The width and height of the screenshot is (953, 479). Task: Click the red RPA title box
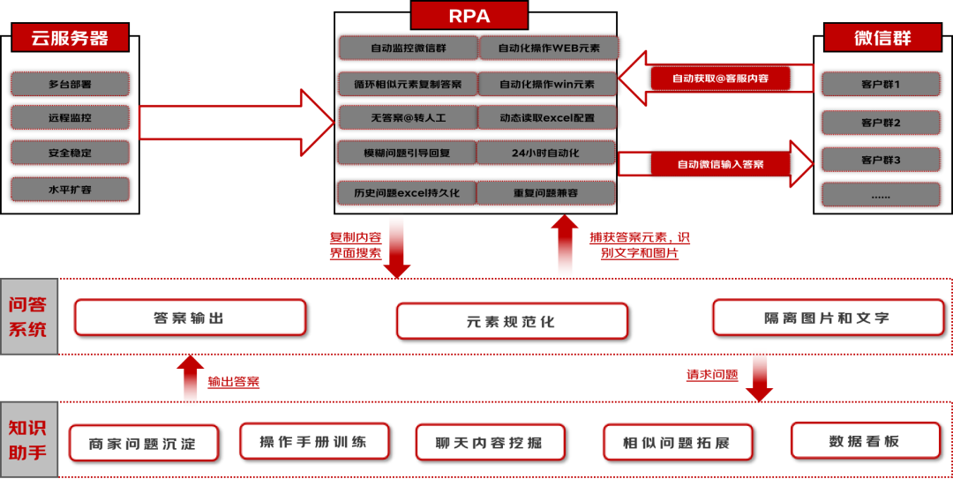click(469, 15)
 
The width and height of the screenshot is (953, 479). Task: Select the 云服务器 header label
click(70, 38)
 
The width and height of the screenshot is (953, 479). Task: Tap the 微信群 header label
click(882, 38)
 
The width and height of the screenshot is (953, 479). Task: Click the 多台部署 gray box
click(70, 84)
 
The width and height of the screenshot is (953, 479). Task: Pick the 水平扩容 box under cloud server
click(70, 189)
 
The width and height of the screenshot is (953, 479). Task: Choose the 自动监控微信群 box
click(409, 48)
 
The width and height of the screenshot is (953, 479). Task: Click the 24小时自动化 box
click(545, 153)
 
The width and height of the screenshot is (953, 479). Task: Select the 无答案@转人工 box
click(409, 117)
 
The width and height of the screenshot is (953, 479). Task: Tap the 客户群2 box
click(881, 123)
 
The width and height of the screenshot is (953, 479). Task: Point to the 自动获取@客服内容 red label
click(720, 79)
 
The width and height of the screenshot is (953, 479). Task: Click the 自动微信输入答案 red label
click(720, 164)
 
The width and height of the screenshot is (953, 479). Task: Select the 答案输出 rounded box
click(190, 318)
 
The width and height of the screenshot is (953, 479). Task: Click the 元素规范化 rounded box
click(512, 321)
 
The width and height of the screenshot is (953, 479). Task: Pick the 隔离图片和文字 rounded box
click(829, 318)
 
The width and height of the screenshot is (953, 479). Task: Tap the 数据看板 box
click(866, 441)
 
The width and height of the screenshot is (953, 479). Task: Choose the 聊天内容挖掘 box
click(491, 442)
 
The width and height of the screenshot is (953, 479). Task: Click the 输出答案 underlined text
click(233, 382)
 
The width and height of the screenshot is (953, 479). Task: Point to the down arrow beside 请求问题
click(759, 378)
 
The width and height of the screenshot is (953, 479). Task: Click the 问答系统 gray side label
click(28, 317)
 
